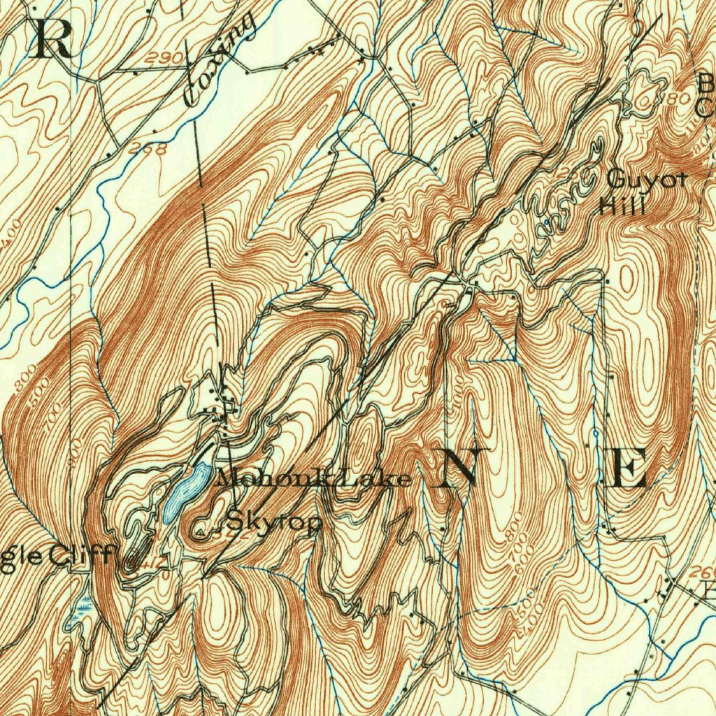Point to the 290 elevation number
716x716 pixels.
pyautogui.click(x=163, y=58)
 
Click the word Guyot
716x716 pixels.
pyautogui.click(x=646, y=180)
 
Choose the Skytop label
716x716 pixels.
pyautogui.click(x=274, y=522)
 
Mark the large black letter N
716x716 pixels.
pyautogui.click(x=459, y=466)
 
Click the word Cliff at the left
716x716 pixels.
pyautogui.click(x=80, y=556)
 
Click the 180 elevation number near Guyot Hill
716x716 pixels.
pyautogui.click(x=675, y=99)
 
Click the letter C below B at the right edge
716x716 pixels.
pyautogui.click(x=706, y=108)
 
